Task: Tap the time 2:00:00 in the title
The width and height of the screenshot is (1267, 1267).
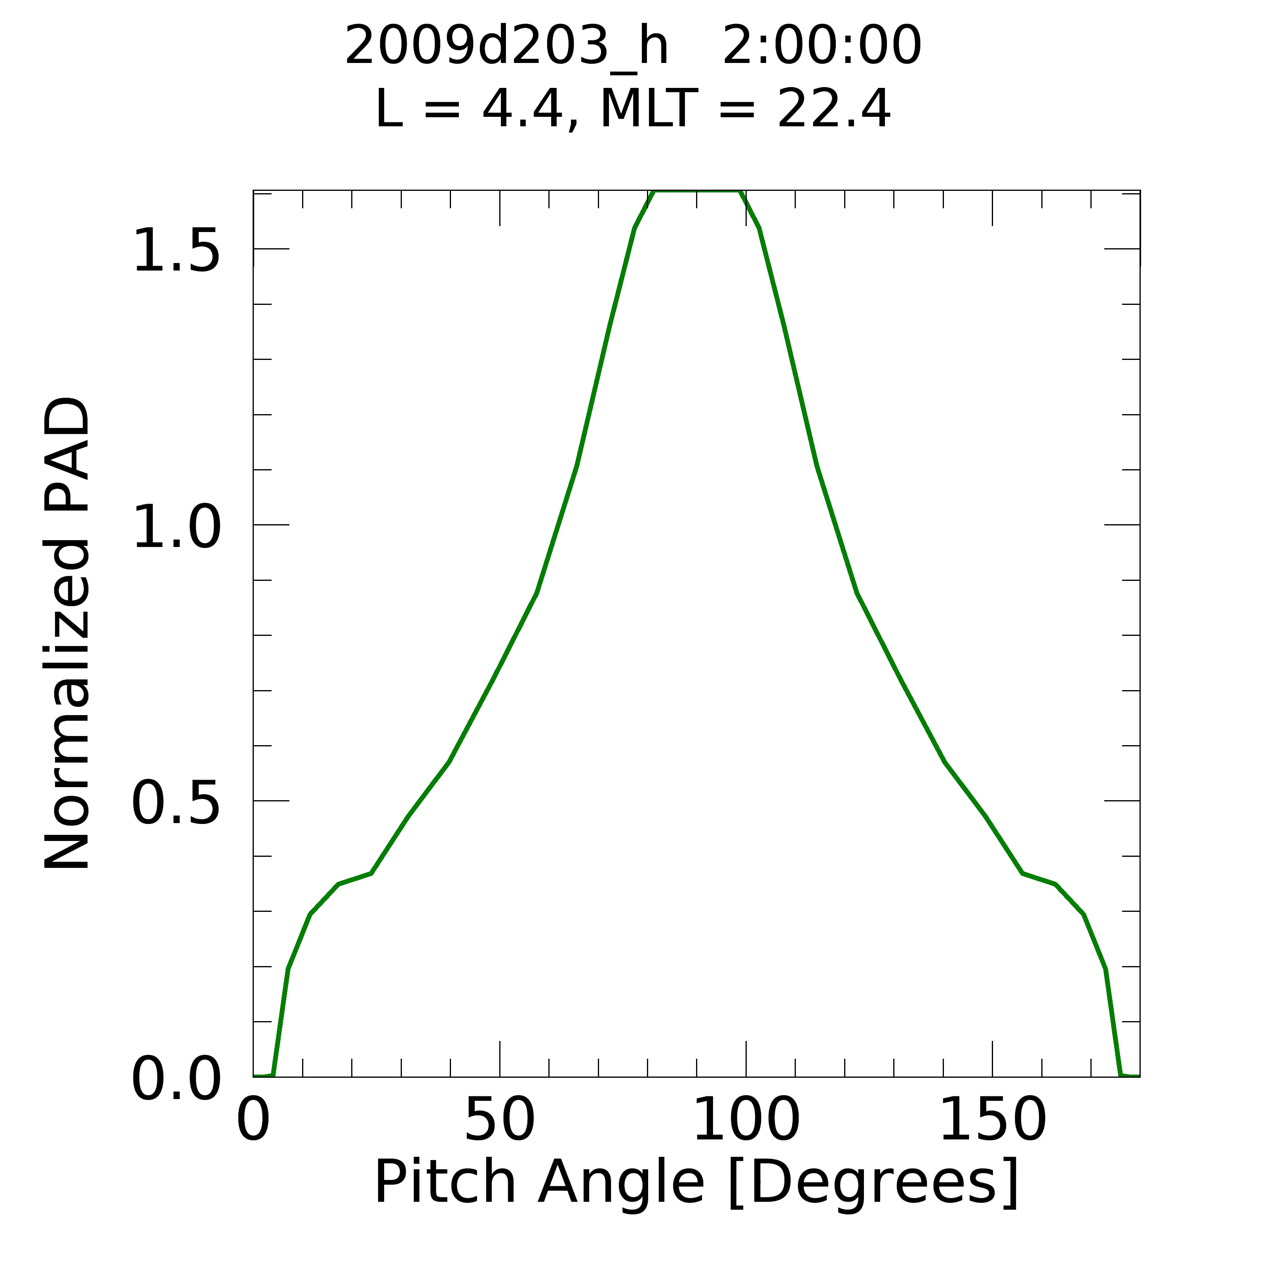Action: click(822, 46)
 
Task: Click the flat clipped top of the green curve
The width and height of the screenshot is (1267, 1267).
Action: click(696, 192)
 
